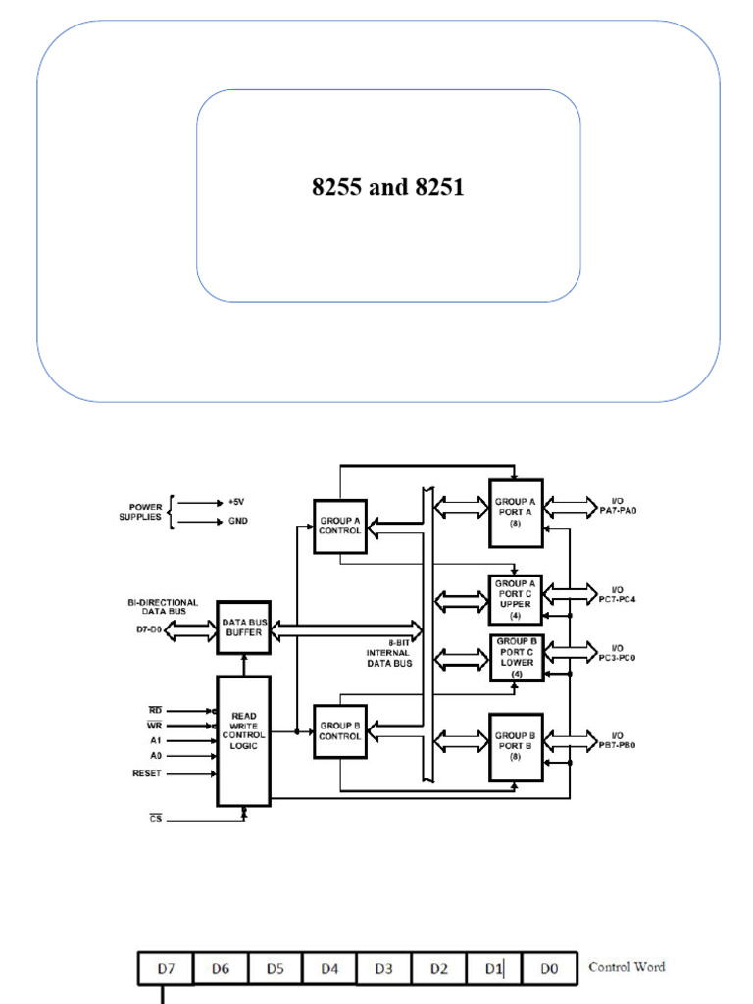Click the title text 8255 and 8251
pyautogui.click(x=387, y=186)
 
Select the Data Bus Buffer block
pyautogui.click(x=242, y=627)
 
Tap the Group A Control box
pyautogui.click(x=339, y=527)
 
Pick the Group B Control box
pyautogui.click(x=339, y=731)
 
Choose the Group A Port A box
pyautogui.click(x=516, y=512)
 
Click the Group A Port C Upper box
pyautogui.click(x=516, y=599)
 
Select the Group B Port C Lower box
pyautogui.click(x=516, y=657)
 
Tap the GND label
pyautogui.click(x=238, y=522)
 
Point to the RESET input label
pyautogui.click(x=147, y=773)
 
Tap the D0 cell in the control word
pyautogui.click(x=549, y=969)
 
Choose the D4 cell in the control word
pyautogui.click(x=329, y=969)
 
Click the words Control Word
pyautogui.click(x=627, y=967)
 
